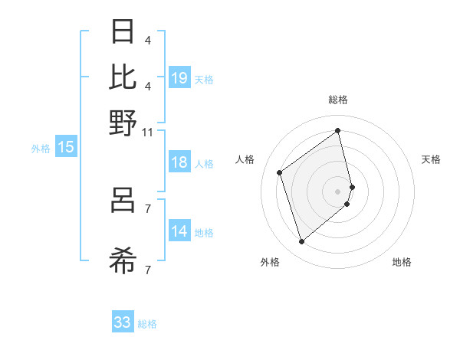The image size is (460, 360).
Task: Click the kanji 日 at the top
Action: [x=123, y=32]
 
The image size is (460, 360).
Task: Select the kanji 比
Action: [x=123, y=77]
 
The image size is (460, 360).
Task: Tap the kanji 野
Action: [x=123, y=122]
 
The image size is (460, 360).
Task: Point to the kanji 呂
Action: [x=123, y=202]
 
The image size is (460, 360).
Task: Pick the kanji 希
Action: [x=123, y=262]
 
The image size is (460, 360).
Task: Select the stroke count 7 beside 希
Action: [x=147, y=270]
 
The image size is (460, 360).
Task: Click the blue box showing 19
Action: [x=179, y=77]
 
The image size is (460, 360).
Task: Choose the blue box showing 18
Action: [x=179, y=162]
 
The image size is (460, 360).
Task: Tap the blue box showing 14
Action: [x=179, y=231]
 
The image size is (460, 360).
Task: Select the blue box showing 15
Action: [x=66, y=147]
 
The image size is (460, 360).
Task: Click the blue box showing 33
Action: [x=123, y=322]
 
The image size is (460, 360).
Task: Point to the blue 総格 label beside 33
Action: [x=148, y=324]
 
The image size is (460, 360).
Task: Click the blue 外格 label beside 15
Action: [x=41, y=149]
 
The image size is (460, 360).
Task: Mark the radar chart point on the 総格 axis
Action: [x=338, y=130]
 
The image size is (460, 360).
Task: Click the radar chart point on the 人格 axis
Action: [x=280, y=173]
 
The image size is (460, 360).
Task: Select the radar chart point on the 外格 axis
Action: [x=301, y=242]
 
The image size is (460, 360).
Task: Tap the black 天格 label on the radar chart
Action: [x=431, y=159]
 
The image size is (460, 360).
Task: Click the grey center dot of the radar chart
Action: [x=338, y=191]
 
